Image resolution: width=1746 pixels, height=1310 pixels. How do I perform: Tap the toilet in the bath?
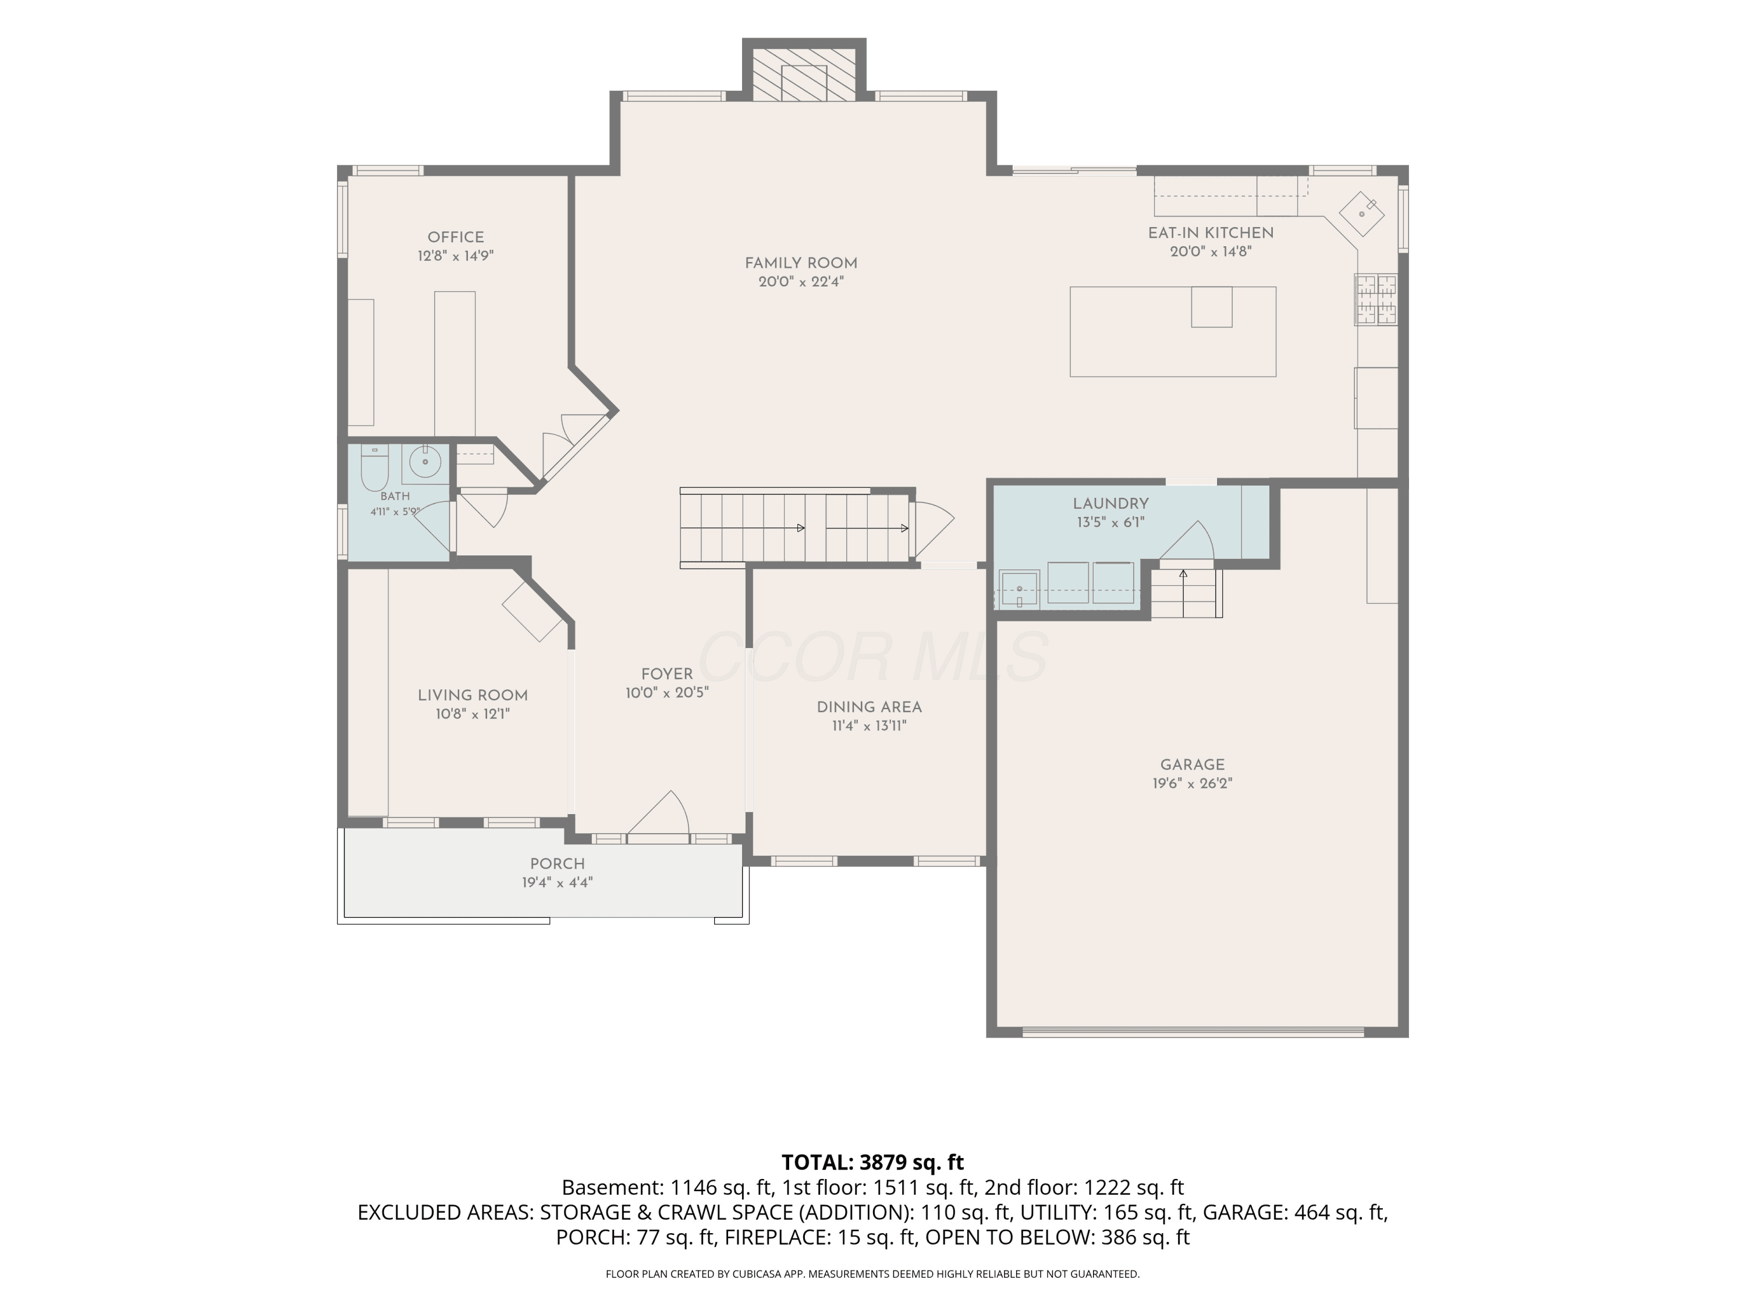pyautogui.click(x=374, y=468)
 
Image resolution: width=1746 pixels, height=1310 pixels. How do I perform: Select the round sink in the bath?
pyautogui.click(x=425, y=462)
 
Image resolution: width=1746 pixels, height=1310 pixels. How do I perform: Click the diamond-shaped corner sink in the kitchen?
pyautogui.click(x=1362, y=214)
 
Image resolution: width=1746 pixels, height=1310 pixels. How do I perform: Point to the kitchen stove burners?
pyautogui.click(x=1376, y=299)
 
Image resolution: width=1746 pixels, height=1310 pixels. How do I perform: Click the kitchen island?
pyautogui.click(x=1173, y=332)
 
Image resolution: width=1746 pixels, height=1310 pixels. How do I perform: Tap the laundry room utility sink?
pyautogui.click(x=1019, y=588)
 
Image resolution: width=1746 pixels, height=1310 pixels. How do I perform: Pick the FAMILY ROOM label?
pyautogui.click(x=801, y=264)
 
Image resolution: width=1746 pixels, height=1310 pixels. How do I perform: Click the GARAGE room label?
pyautogui.click(x=1192, y=765)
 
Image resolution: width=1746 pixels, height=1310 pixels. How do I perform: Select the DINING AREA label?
pyautogui.click(x=869, y=707)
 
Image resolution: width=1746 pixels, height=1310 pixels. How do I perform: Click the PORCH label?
pyautogui.click(x=558, y=864)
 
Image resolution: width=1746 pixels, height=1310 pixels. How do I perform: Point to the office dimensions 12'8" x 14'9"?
pyautogui.click(x=456, y=256)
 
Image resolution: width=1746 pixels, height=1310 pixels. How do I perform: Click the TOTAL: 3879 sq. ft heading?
pyautogui.click(x=873, y=1162)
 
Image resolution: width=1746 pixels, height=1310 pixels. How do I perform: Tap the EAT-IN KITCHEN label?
pyautogui.click(x=1211, y=233)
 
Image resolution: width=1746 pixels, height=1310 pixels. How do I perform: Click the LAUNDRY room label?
pyautogui.click(x=1110, y=504)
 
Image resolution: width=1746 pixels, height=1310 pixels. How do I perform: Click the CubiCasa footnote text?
pyautogui.click(x=873, y=1274)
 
